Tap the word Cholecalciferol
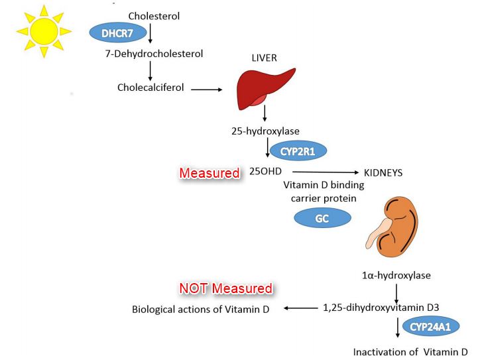tap(151, 87)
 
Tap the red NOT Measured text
tap(226, 288)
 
